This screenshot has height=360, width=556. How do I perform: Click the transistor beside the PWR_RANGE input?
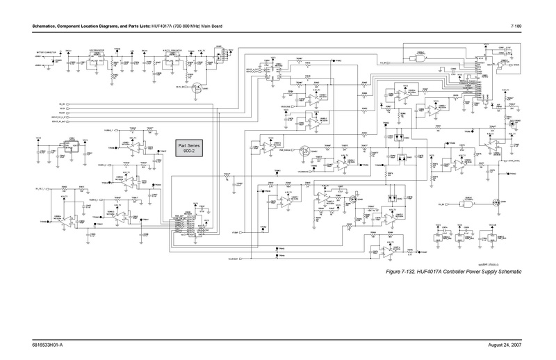click(x=304, y=151)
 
